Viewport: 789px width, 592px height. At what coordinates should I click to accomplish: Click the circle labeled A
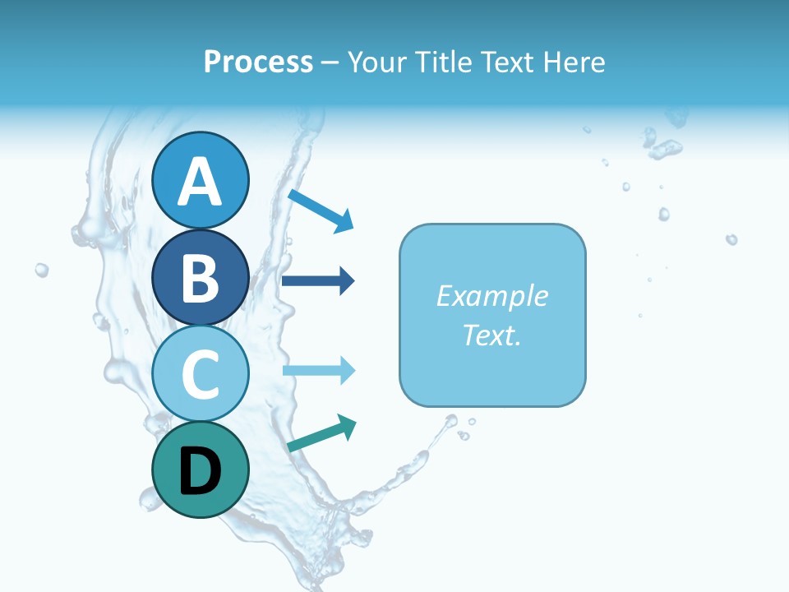pos(201,180)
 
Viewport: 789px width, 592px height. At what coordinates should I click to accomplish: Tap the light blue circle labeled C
pos(201,373)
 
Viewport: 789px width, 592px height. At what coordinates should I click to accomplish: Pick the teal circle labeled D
pos(201,469)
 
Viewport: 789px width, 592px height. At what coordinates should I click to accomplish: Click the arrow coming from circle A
pos(321,210)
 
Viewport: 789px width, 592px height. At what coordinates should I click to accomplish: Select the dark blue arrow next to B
pos(318,281)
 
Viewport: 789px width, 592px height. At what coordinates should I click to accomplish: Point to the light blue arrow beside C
pos(319,370)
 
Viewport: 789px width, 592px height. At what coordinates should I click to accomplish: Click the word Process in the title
pos(258,62)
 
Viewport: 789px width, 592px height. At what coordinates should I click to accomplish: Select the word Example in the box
pos(492,296)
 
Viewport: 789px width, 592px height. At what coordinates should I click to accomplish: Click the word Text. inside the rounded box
pos(492,335)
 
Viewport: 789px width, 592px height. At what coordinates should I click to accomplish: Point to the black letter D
pos(201,471)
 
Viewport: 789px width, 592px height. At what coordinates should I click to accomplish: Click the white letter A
pos(201,182)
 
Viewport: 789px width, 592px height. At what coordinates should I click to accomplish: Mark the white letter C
pos(201,374)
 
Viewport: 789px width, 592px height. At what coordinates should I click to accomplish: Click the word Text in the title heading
pos(508,62)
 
